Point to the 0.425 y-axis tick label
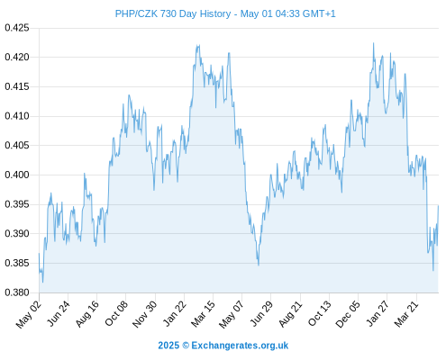pyautogui.click(x=17, y=28)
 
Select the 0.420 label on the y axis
pyautogui.click(x=17, y=57)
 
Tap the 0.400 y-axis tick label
pyautogui.click(x=17, y=175)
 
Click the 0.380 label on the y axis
pyautogui.click(x=17, y=292)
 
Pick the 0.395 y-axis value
pyautogui.click(x=17, y=204)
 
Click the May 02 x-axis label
pyautogui.click(x=29, y=314)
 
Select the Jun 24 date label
pyautogui.click(x=59, y=314)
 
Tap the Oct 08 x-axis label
pyautogui.click(x=116, y=313)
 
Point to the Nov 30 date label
pyautogui.click(x=145, y=314)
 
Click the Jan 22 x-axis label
pyautogui.click(x=175, y=314)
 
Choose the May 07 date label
pyautogui.click(x=232, y=314)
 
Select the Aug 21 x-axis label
pyautogui.click(x=290, y=314)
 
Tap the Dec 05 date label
pyautogui.click(x=348, y=314)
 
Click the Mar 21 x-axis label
pyautogui.click(x=406, y=314)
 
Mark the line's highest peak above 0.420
pyautogui.click(x=374, y=43)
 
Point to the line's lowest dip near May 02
pyautogui.click(x=42, y=282)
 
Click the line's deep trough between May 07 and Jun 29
pyautogui.click(x=259, y=265)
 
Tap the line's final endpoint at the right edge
pyautogui.click(x=438, y=206)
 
